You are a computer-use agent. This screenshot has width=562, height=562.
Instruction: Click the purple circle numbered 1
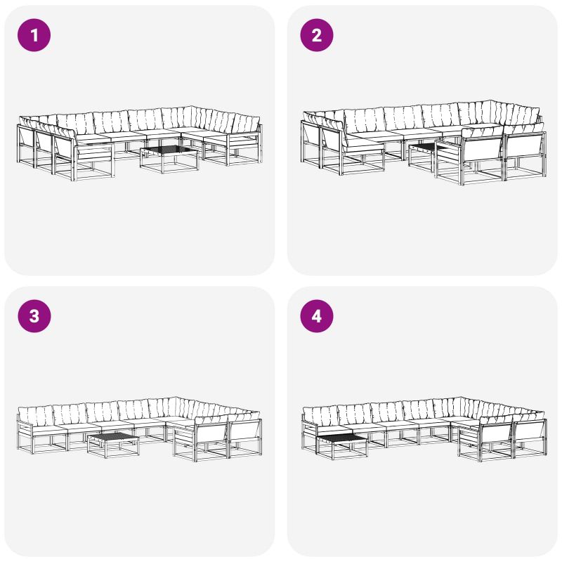[x=34, y=35]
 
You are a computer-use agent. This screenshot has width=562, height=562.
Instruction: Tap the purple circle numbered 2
[x=317, y=35]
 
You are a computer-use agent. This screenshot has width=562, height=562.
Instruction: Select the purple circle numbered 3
[x=34, y=316]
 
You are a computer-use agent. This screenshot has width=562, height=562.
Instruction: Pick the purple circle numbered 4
[x=317, y=316]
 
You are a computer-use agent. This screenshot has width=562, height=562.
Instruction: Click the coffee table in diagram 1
[x=169, y=159]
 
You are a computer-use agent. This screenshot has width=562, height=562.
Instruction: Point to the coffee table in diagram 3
[x=113, y=445]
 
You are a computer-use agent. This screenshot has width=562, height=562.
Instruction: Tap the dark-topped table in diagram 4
[x=341, y=446]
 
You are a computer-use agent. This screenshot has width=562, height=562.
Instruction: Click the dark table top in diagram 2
[x=424, y=148]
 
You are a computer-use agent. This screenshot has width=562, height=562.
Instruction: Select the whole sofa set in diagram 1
[x=139, y=143]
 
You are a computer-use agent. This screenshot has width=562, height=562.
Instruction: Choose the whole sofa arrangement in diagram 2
[x=424, y=143]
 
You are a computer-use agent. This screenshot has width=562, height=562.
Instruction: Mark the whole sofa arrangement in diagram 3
[x=139, y=429]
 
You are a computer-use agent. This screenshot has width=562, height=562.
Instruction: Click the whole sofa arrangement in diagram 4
[x=424, y=429]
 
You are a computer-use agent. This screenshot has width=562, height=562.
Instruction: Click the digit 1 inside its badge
[x=34, y=35]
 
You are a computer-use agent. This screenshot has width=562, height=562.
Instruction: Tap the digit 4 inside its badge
[x=317, y=316]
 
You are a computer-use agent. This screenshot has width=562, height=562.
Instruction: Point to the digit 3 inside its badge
[x=34, y=316]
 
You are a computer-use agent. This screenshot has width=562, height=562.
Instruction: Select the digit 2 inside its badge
[x=317, y=35]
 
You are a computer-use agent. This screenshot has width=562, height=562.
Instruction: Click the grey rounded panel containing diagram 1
[x=139, y=140]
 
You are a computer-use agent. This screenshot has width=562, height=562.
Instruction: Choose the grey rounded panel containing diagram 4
[x=422, y=421]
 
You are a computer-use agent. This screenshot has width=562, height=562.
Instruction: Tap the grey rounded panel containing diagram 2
[x=422, y=140]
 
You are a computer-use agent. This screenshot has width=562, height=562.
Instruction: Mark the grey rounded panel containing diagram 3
[x=139, y=421]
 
